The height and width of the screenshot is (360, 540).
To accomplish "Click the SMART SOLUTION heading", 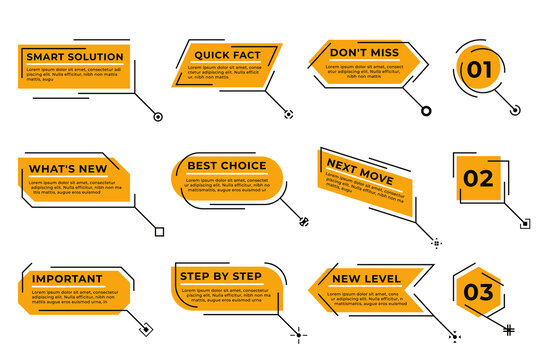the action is (x=75, y=56).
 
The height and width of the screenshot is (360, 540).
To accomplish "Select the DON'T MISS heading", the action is (x=364, y=53).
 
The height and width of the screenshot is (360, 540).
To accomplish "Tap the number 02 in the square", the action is (x=478, y=179).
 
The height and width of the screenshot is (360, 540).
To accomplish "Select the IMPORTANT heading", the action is (x=67, y=279).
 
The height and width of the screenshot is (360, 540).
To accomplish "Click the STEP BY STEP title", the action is (x=220, y=276).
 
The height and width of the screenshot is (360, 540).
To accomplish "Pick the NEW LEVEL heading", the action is (x=366, y=278).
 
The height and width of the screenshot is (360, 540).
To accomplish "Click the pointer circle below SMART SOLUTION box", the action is (x=158, y=117).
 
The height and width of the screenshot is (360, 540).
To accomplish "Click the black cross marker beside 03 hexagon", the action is (x=508, y=329).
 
